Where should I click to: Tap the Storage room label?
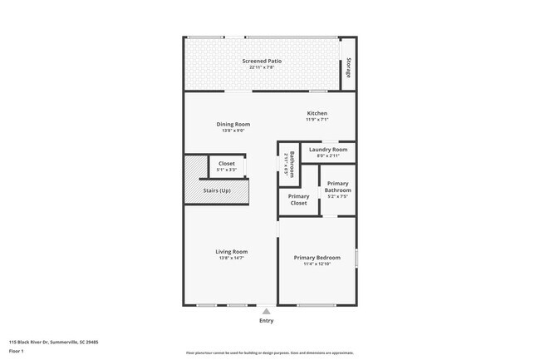tap(349, 67)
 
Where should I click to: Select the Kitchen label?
tap(317, 113)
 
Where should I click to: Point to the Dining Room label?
tap(233, 124)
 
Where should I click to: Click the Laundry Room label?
tap(328, 150)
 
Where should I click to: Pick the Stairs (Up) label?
tap(218, 191)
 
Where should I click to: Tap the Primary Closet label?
tap(298, 200)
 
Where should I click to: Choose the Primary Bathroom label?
tap(337, 186)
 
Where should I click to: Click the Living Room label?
tap(232, 251)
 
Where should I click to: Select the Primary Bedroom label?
tap(317, 258)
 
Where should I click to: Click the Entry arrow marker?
tap(266, 311)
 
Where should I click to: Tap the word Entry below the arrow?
tap(266, 321)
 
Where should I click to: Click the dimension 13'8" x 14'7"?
tap(232, 258)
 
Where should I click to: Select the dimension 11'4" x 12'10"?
tap(317, 264)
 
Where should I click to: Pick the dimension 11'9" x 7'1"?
tap(317, 120)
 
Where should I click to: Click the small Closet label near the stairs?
tap(227, 164)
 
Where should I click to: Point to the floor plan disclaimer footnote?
tap(269, 353)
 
